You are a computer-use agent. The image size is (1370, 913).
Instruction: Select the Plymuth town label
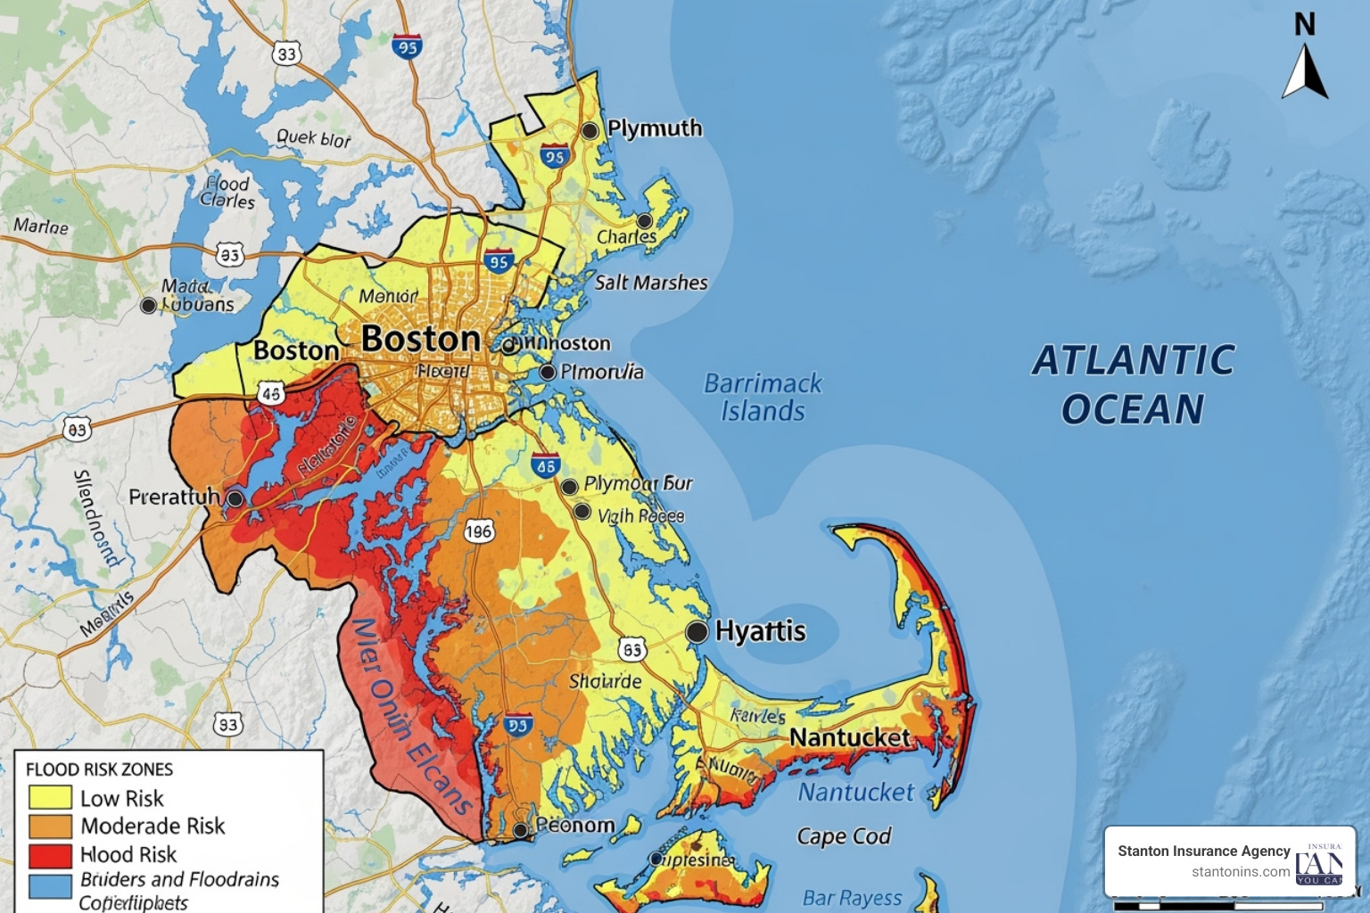pyautogui.click(x=655, y=128)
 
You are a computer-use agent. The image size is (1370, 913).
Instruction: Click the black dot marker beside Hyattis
pyautogui.click(x=697, y=632)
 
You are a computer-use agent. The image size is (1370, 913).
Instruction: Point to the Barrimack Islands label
pyautogui.click(x=763, y=397)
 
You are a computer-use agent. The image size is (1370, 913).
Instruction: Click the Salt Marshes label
pyautogui.click(x=651, y=283)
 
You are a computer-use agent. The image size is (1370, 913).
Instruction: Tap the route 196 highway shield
pyautogui.click(x=478, y=532)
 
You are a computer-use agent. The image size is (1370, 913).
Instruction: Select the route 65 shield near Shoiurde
pyautogui.click(x=632, y=650)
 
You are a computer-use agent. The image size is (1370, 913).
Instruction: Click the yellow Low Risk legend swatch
pyautogui.click(x=50, y=797)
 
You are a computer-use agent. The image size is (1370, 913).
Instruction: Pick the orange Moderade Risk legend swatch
pyautogui.click(x=50, y=827)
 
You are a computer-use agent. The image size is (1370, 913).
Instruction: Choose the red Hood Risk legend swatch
pyautogui.click(x=50, y=855)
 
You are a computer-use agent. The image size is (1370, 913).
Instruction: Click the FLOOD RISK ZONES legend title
pyautogui.click(x=99, y=769)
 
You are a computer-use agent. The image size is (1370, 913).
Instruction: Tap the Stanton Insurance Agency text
pyautogui.click(x=1203, y=851)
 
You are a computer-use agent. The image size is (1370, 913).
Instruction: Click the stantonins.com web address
pyautogui.click(x=1241, y=872)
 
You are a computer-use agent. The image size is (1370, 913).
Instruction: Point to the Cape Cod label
pyautogui.click(x=844, y=836)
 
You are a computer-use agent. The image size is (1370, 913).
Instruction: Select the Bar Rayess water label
pyautogui.click(x=852, y=898)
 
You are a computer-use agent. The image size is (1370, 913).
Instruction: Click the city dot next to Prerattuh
pyautogui.click(x=235, y=498)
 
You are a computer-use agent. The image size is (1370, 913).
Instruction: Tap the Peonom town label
pyautogui.click(x=575, y=826)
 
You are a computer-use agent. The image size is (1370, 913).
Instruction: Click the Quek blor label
pyautogui.click(x=313, y=138)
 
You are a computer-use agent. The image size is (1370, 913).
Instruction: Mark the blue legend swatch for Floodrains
pyautogui.click(x=50, y=886)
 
